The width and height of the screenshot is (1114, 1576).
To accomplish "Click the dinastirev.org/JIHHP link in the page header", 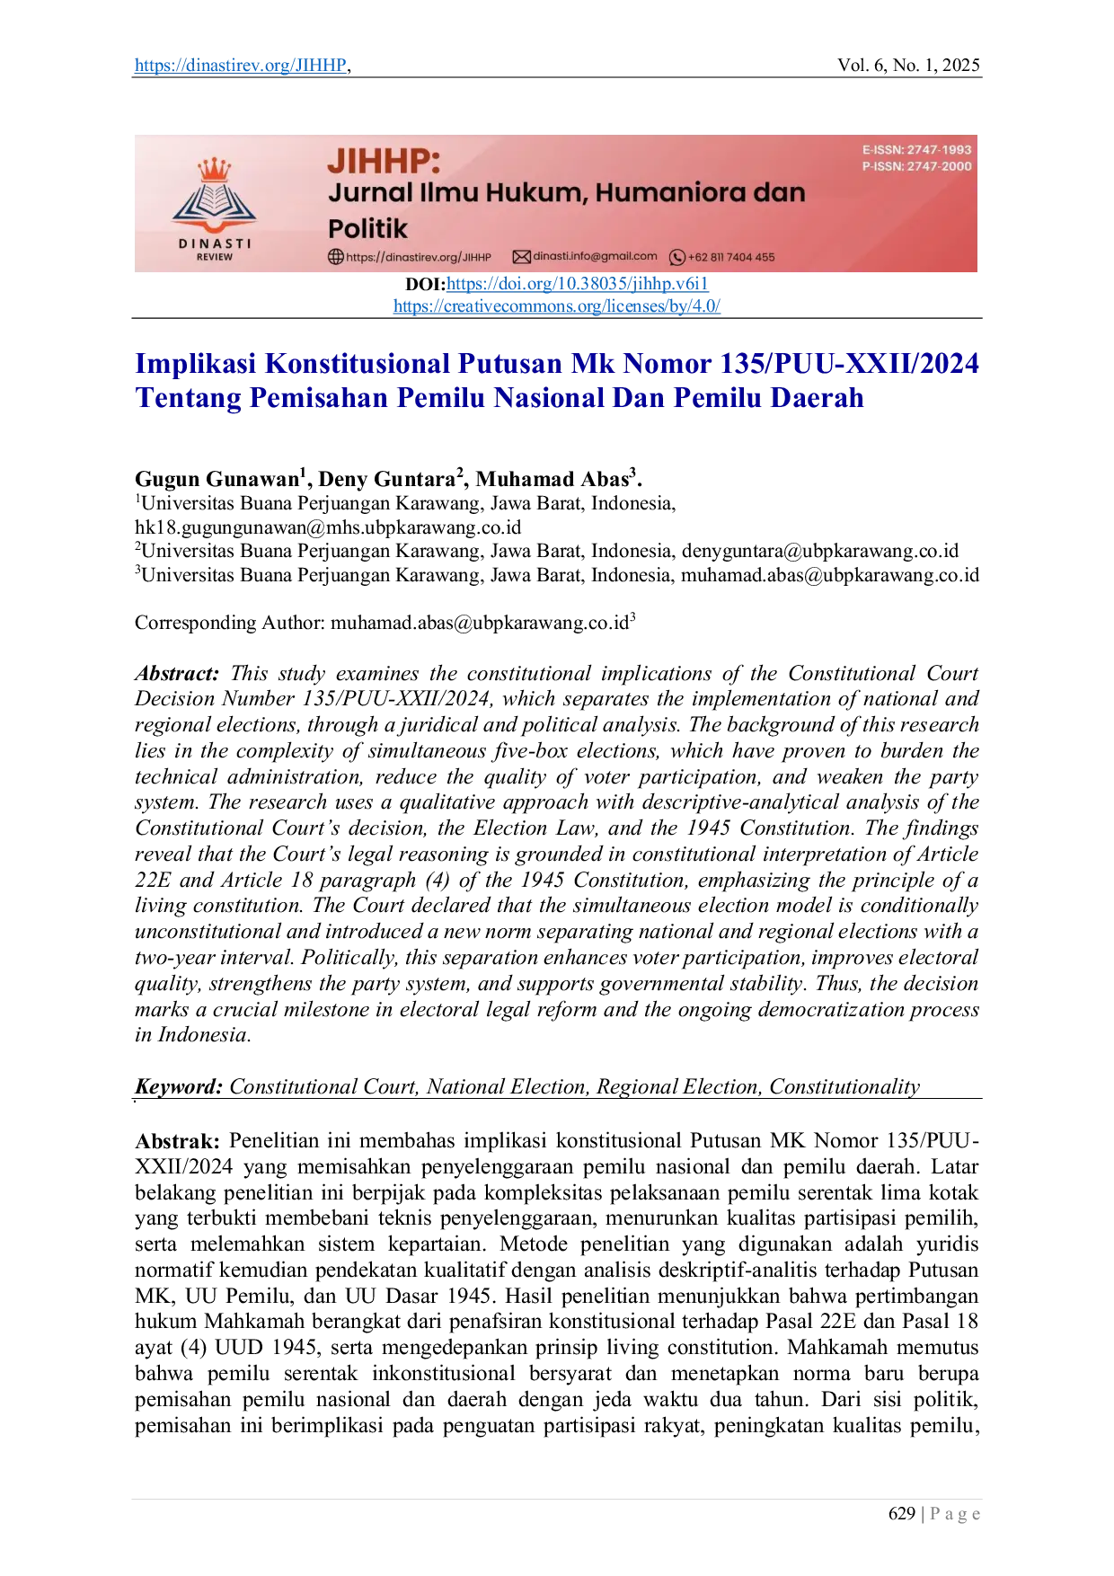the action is tap(241, 66).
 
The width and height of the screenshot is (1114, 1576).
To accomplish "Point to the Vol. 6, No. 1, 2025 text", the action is tap(908, 66).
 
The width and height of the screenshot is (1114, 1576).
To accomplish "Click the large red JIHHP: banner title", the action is tap(384, 162).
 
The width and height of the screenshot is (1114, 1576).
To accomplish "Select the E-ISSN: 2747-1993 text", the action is tap(916, 150).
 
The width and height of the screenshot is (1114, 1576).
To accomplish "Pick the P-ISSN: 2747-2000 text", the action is tap(916, 166).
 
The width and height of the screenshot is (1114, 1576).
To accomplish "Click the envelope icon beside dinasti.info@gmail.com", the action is tap(521, 257).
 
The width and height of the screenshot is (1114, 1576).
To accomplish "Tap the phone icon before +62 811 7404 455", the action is tap(677, 257).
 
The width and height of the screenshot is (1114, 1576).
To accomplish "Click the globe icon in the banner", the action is tap(336, 257).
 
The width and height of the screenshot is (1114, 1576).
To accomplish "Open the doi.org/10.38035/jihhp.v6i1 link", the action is tap(578, 284).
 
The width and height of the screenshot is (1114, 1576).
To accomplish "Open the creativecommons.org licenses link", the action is tap(557, 305).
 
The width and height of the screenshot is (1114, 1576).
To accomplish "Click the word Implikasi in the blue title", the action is tap(196, 364).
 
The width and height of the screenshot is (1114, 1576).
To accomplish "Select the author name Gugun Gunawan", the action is tap(217, 479).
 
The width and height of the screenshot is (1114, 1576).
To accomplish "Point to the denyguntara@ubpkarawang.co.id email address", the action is tap(820, 551).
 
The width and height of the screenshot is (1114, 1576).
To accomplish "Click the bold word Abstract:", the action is tap(177, 674).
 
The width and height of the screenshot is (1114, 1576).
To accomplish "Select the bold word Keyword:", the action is tap(179, 1087).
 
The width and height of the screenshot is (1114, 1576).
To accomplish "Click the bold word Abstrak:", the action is tap(177, 1141).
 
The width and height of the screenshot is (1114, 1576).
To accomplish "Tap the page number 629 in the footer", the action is tap(902, 1514).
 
